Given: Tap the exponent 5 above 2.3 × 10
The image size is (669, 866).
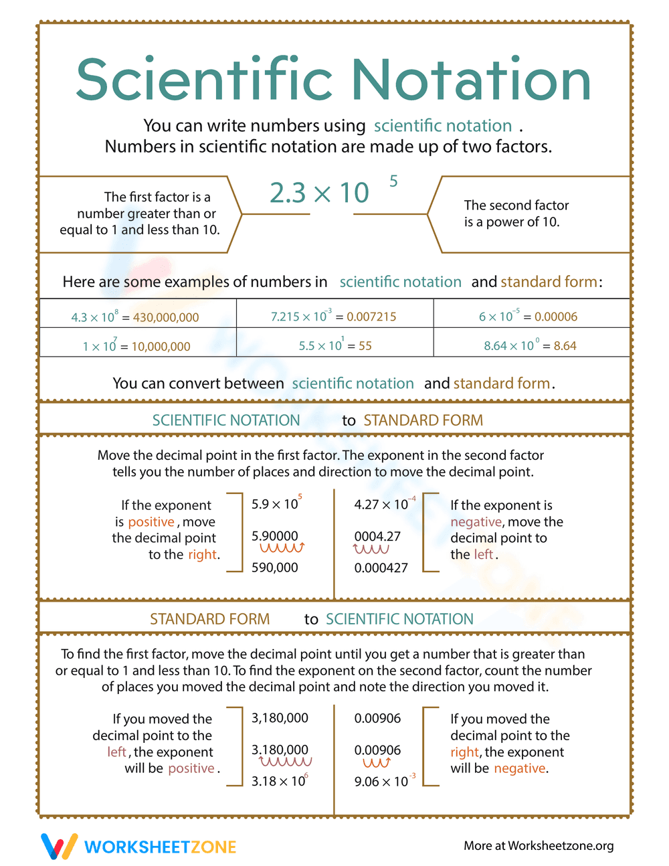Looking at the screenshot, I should [393, 181].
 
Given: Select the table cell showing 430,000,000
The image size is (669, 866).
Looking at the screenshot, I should [138, 316].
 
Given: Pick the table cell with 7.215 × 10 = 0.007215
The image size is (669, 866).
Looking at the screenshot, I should [334, 316].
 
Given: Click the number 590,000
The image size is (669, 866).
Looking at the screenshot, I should [275, 568].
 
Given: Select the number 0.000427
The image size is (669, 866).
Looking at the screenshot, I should [381, 568].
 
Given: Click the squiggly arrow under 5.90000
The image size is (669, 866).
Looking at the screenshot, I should [282, 549].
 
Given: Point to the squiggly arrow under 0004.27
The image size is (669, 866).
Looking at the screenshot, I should [371, 549].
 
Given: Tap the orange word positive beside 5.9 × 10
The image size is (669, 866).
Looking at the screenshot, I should [151, 522].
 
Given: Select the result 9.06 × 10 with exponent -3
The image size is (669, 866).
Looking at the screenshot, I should [384, 781].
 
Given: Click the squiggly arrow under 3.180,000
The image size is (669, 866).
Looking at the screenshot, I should [286, 762].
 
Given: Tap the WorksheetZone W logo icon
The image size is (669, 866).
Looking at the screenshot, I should [59, 846].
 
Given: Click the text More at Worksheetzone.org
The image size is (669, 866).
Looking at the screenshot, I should [539, 846].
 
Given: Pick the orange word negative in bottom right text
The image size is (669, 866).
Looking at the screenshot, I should [520, 768].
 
